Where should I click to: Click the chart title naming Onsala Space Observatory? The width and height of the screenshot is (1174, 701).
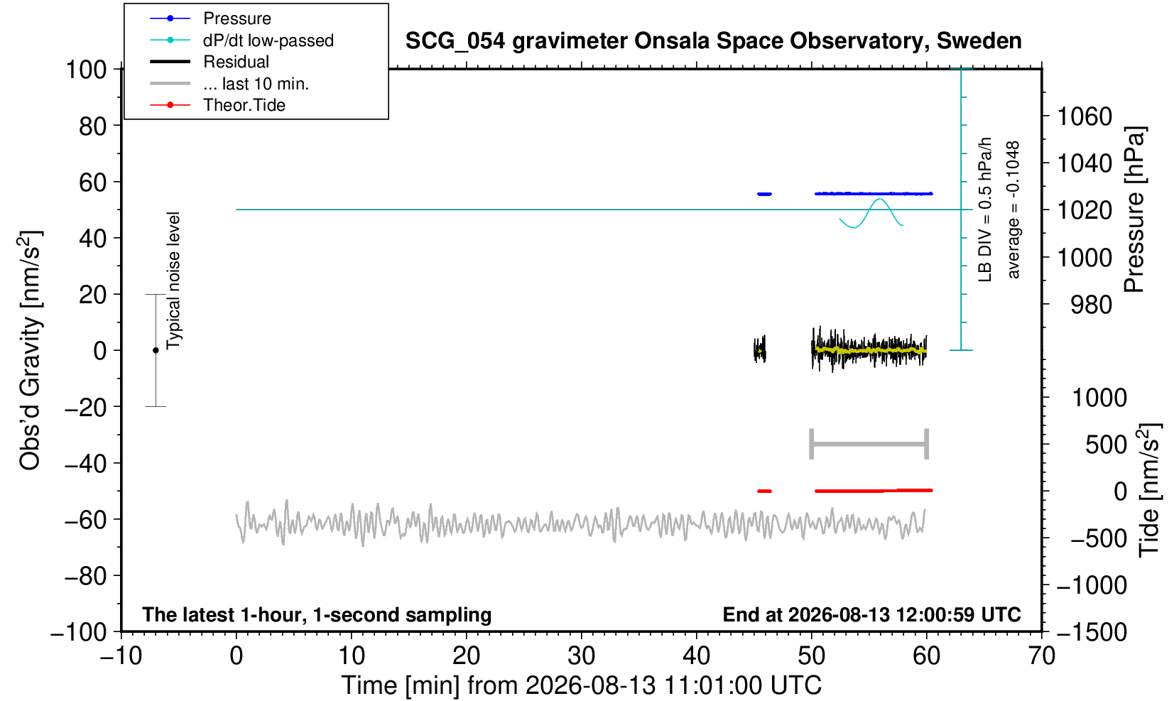click(x=713, y=41)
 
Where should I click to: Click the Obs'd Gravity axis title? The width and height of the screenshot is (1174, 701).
click(x=30, y=350)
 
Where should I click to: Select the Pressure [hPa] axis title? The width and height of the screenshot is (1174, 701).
click(x=1135, y=210)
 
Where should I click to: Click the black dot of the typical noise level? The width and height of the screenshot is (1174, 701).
click(x=156, y=350)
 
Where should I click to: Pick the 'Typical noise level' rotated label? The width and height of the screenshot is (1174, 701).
click(x=173, y=281)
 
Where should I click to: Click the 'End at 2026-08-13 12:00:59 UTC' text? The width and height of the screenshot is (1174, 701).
click(x=872, y=614)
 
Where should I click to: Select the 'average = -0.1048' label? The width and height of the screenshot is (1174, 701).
click(x=1013, y=210)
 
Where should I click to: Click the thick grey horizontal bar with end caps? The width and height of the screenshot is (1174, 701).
click(x=869, y=444)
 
